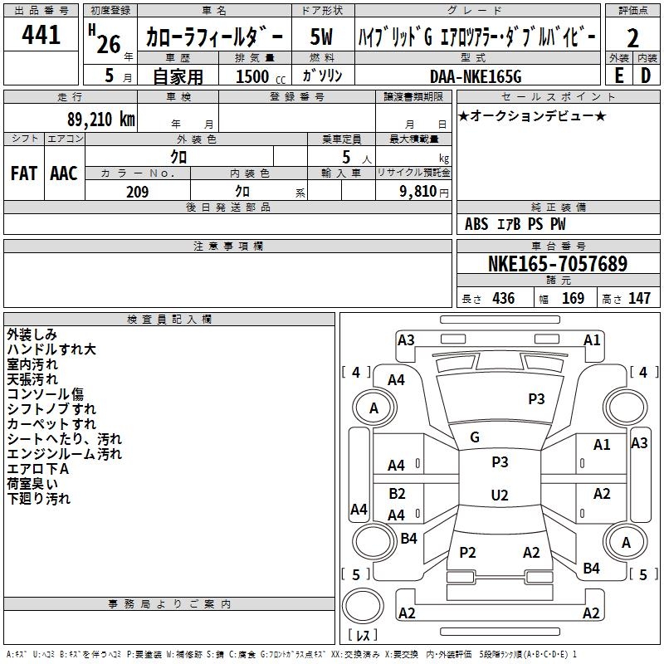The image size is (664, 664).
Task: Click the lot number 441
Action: pos(42,35)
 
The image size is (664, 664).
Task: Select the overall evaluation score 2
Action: pos(632,38)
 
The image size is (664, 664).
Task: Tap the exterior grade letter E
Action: pos(618,75)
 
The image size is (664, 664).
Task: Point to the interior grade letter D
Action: pos(646,75)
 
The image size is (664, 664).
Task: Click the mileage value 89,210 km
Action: pos(100,119)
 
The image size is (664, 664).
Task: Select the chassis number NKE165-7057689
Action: pos(558,264)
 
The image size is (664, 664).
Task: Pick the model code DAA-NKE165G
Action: pos(476,76)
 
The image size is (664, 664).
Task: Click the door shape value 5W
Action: pos(322,37)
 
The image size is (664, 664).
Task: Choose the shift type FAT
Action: pos(23,173)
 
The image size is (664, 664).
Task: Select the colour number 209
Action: pos(137,192)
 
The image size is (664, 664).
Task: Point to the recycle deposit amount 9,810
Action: pos(419,192)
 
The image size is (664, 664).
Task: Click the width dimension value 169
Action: pos(573,299)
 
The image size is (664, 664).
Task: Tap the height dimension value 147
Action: pos(639,299)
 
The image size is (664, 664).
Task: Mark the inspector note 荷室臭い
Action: pos(32,484)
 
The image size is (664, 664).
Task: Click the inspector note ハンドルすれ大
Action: pos(51,349)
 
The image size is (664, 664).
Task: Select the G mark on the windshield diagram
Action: pos(475,437)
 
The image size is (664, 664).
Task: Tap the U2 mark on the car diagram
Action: pos(499,496)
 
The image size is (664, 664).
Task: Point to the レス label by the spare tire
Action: pos(364,637)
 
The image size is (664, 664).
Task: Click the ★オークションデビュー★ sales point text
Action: pos(531,115)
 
